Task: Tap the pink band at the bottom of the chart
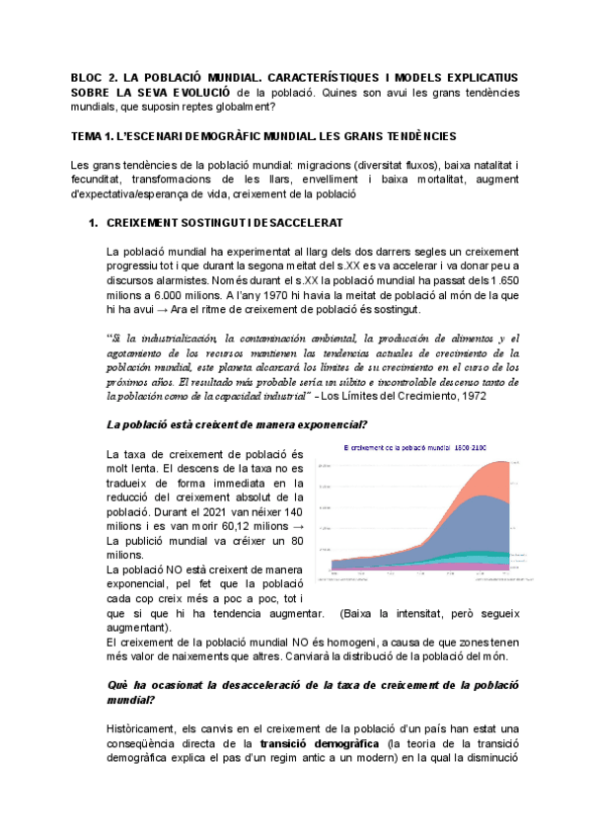(444, 568)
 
